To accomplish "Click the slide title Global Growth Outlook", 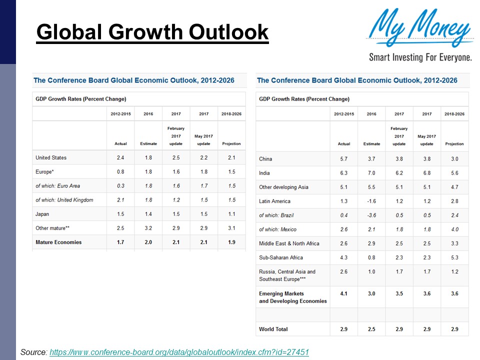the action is (x=152, y=32).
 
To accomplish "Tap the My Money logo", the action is (x=419, y=28).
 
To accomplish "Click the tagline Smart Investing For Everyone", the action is (x=420, y=57).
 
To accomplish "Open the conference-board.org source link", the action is (x=179, y=352).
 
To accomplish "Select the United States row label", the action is (x=51, y=157).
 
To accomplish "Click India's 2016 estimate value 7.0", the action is (x=371, y=173).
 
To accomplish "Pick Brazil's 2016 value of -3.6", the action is (x=371, y=215).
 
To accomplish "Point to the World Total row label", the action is (x=273, y=329).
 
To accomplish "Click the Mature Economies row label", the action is (x=58, y=242).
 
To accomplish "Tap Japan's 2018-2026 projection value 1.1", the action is (x=231, y=214).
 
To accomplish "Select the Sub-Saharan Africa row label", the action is (x=280, y=257).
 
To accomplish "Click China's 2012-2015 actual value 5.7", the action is (x=344, y=159).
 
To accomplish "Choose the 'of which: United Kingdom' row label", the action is (x=64, y=200).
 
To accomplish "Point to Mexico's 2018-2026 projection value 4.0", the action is (x=454, y=229).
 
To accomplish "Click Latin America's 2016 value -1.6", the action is (x=371, y=201).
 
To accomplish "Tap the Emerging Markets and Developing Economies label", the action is (x=292, y=297).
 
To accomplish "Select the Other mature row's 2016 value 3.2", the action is (x=148, y=228).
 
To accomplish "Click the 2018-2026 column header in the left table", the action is (x=231, y=114).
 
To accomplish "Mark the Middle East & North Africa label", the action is (x=289, y=243).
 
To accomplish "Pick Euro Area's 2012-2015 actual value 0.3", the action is (x=120, y=186).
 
